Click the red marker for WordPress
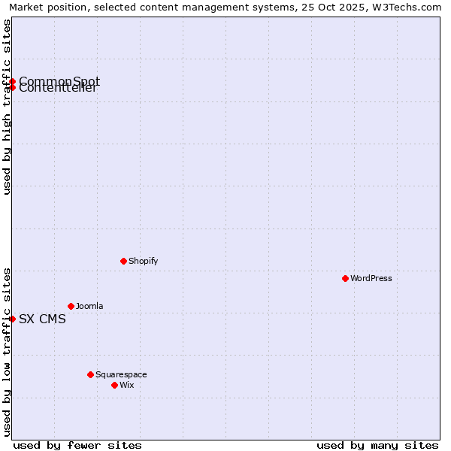(345, 278)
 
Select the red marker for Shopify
(123, 261)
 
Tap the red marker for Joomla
(71, 306)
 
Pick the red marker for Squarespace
(90, 374)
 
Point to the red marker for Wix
(114, 385)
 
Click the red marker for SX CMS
(12, 319)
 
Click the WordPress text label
(371, 278)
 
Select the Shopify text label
(143, 261)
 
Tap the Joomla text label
(89, 306)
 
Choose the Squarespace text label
(121, 374)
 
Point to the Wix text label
(127, 385)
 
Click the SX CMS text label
(42, 319)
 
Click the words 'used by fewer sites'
(77, 445)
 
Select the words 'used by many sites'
(377, 445)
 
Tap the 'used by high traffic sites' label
(7, 107)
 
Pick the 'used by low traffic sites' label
(7, 352)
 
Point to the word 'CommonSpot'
(59, 80)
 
